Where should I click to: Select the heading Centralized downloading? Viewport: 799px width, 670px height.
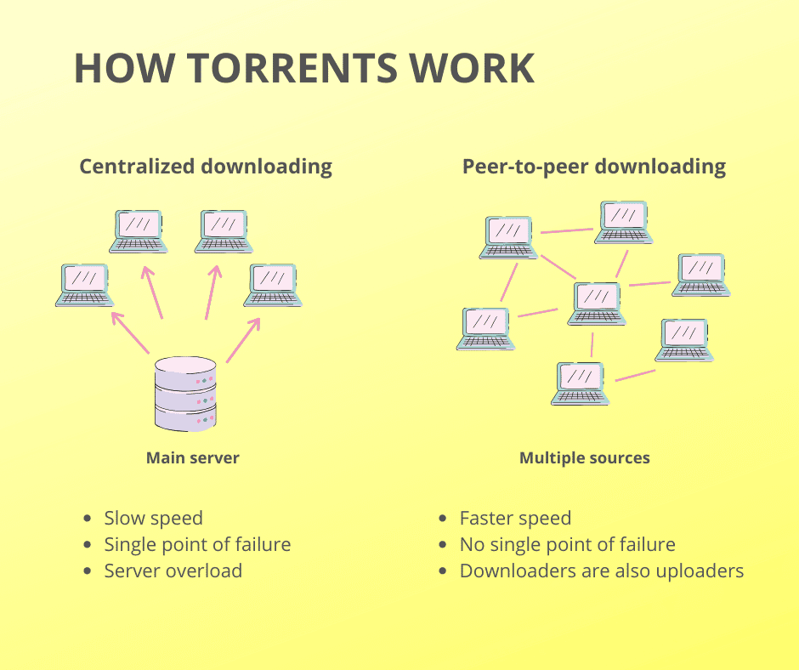pyautogui.click(x=206, y=166)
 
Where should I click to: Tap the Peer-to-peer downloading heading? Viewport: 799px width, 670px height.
pyautogui.click(x=593, y=166)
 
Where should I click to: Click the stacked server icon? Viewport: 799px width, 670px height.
pyautogui.click(x=186, y=394)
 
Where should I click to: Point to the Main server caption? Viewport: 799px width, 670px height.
pyautogui.click(x=193, y=458)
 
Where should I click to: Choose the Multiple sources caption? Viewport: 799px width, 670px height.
pyautogui.click(x=585, y=458)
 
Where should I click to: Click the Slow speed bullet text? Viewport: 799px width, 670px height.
pyautogui.click(x=153, y=518)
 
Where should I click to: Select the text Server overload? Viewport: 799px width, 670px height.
pyautogui.click(x=173, y=571)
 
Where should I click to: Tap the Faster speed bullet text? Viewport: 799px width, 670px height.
pyautogui.click(x=515, y=518)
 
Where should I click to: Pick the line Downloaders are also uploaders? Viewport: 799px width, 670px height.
pyautogui.click(x=602, y=571)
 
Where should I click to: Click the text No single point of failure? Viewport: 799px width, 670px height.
pyautogui.click(x=567, y=544)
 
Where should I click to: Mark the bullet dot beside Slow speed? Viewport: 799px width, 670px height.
pyautogui.click(x=88, y=519)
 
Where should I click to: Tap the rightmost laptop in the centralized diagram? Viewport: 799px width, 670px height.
pyautogui.click(x=273, y=285)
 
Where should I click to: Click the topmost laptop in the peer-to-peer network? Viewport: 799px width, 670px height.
pyautogui.click(x=625, y=222)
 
